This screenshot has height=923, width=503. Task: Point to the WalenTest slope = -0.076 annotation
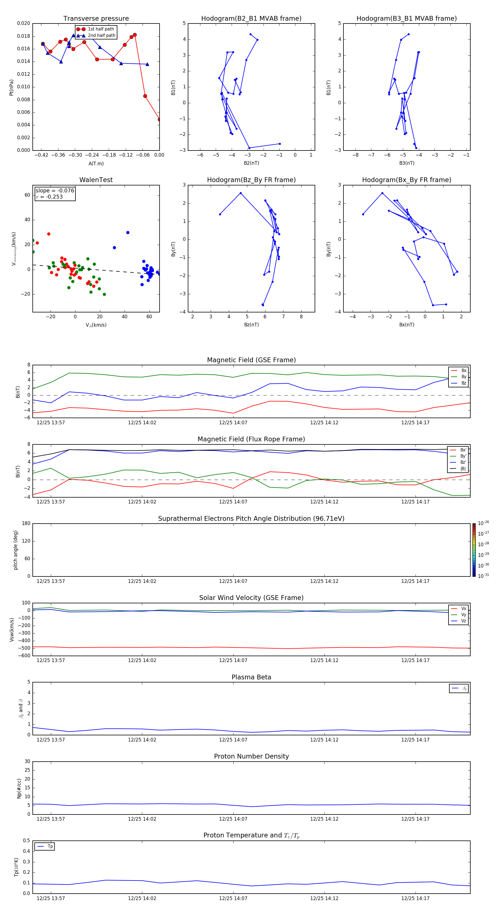click(55, 191)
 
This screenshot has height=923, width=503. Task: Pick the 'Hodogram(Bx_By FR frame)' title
click(406, 180)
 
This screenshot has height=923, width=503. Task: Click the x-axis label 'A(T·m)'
click(96, 164)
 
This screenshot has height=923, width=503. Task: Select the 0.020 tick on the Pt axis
click(24, 23)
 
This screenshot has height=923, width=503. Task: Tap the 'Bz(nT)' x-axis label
click(251, 325)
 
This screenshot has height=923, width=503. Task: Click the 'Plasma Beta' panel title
click(251, 677)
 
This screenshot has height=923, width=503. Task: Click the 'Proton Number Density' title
click(251, 756)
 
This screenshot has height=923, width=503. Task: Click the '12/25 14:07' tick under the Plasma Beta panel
click(233, 740)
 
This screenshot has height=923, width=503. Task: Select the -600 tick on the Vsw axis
click(24, 656)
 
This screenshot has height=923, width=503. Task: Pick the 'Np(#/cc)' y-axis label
click(19, 788)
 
